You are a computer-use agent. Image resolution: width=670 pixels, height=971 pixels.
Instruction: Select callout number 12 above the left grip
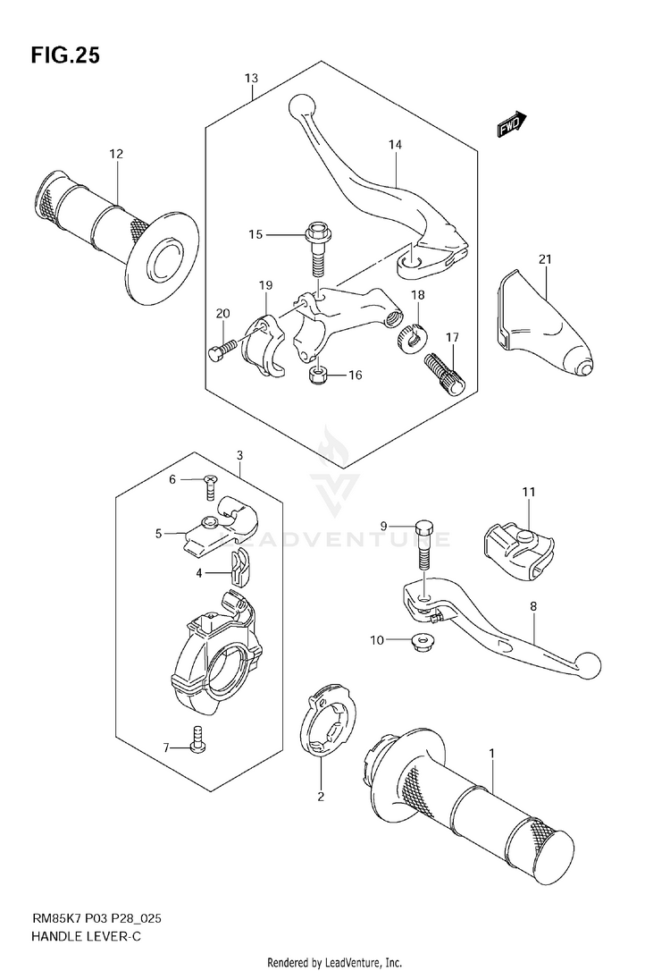tap(116, 154)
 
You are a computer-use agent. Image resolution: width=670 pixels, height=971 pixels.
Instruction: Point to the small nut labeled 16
tap(316, 375)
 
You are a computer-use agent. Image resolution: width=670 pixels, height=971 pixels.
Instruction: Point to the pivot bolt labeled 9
tap(422, 545)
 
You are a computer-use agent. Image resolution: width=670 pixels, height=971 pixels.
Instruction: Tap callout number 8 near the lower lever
tap(532, 606)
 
